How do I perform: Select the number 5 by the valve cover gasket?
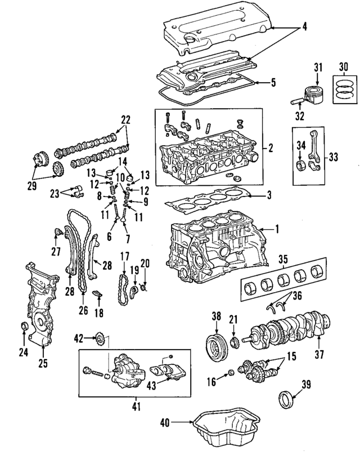coord(273,82)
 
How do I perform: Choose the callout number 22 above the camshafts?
coord(125,119)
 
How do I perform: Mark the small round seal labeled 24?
coord(24,327)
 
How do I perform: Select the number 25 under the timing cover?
coord(43,363)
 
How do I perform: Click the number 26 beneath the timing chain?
coord(83,309)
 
